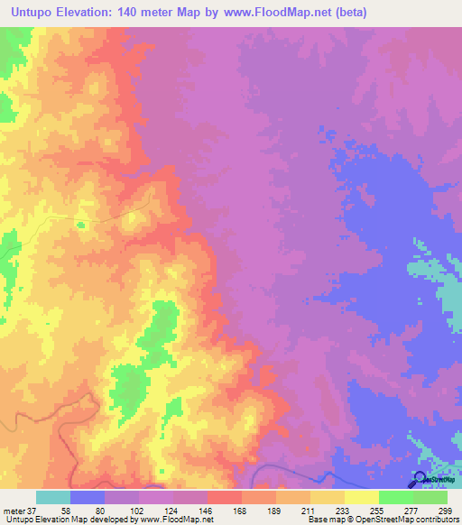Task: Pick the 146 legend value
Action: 208,510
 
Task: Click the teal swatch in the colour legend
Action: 53,497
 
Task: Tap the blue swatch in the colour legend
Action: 88,497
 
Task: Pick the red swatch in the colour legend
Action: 225,497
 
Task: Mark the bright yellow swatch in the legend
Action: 362,497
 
